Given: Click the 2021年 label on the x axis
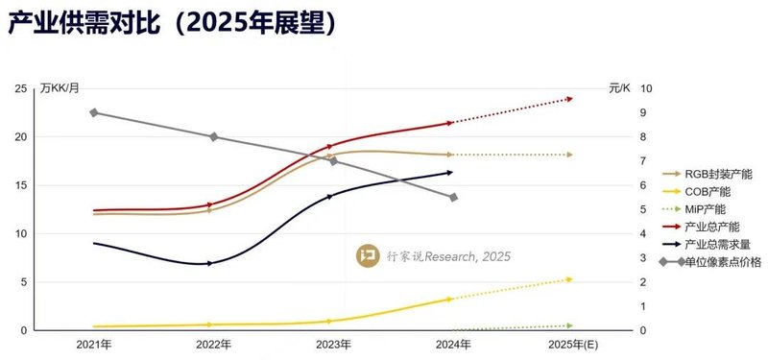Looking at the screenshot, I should [93, 344].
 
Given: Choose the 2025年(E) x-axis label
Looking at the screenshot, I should [569, 344].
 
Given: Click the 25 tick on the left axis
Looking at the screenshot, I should [20, 88].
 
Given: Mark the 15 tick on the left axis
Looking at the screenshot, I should [20, 185].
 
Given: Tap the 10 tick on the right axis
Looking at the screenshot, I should [647, 88].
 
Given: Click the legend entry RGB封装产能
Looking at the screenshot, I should [716, 174].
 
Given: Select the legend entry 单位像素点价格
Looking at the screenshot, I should [722, 260].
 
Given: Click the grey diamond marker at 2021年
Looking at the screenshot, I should [94, 112].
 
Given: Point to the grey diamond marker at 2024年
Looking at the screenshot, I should [452, 197].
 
